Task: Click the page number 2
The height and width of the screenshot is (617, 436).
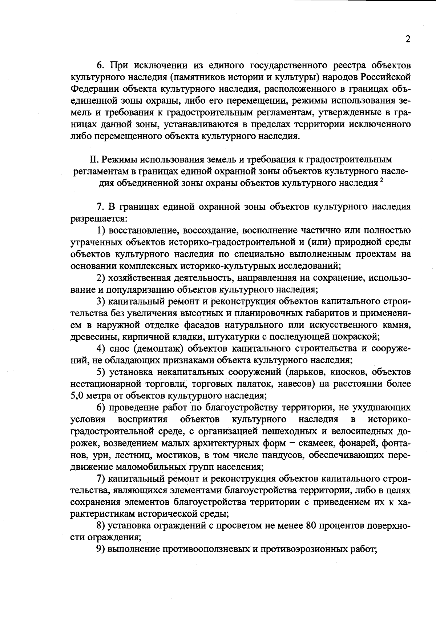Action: [x=408, y=39]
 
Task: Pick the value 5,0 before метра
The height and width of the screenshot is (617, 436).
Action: [x=77, y=396]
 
